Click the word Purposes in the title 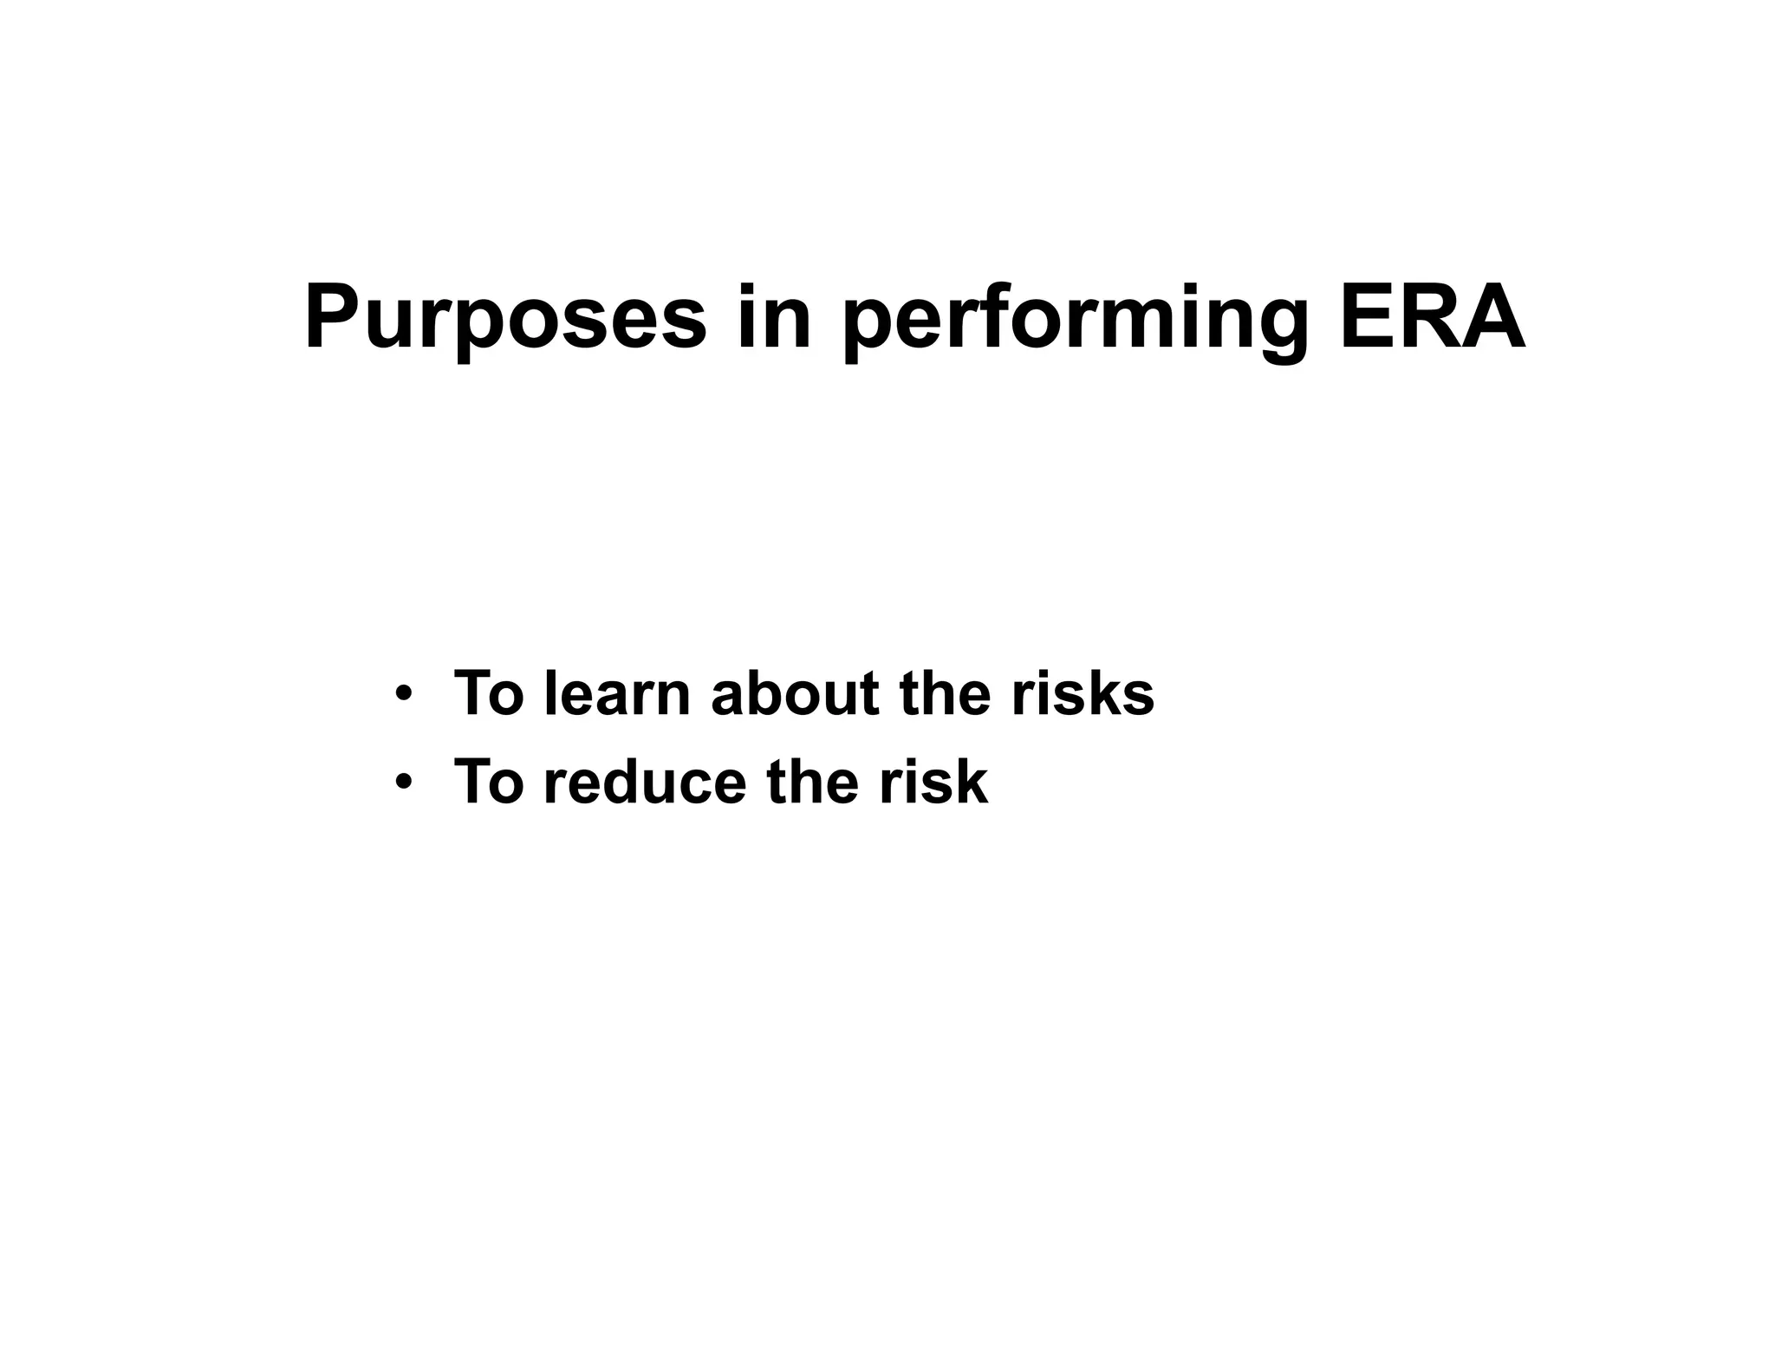(x=505, y=319)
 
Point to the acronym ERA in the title (x=1432, y=319)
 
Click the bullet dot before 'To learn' (x=402, y=694)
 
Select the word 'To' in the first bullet (x=489, y=694)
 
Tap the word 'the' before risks (x=945, y=694)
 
